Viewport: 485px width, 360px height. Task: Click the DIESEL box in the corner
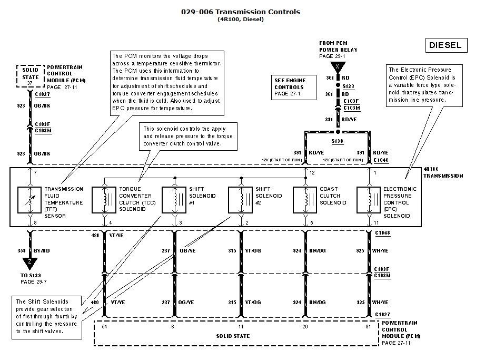[x=445, y=45]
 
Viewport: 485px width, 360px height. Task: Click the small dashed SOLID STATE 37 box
[x=30, y=74]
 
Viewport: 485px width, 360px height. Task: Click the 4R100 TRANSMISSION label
[x=442, y=172]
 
